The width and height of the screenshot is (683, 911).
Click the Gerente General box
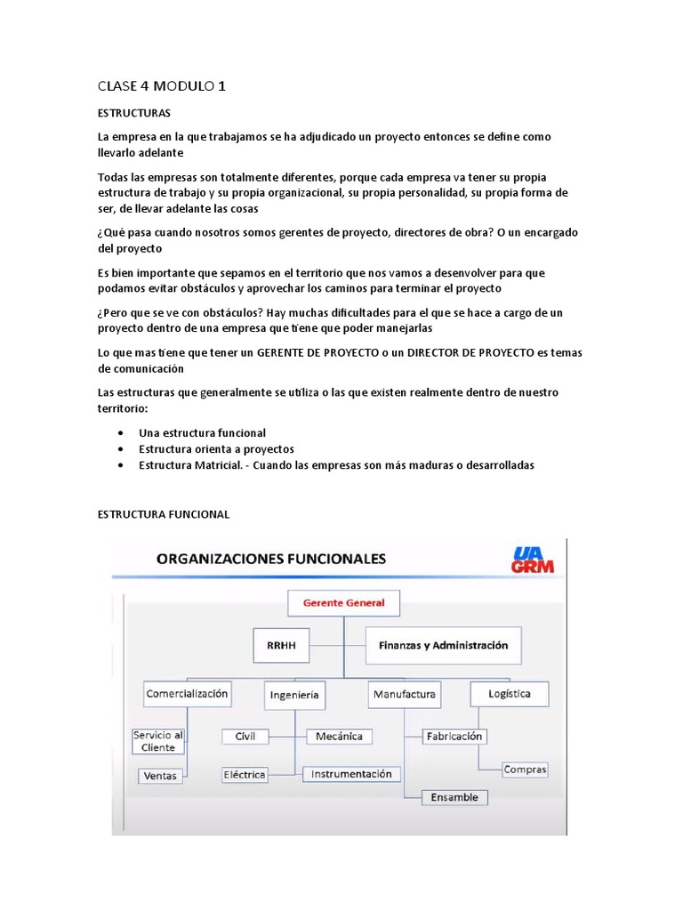[343, 603]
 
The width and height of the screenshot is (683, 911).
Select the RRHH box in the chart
[281, 646]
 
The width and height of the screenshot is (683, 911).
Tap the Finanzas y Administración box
[443, 646]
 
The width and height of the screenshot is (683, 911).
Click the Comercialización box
[187, 693]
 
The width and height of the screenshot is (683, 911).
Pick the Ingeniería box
[293, 695]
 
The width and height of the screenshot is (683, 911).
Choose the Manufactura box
[405, 694]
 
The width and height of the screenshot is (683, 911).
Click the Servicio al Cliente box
[158, 741]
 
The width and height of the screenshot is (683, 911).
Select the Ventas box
[161, 776]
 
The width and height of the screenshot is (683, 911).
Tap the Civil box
[245, 737]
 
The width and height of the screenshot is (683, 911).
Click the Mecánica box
[339, 737]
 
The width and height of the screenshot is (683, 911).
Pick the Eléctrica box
[245, 774]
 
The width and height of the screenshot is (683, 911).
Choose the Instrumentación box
[351, 774]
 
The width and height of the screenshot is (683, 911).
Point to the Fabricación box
[454, 737]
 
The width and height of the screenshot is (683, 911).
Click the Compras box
[525, 770]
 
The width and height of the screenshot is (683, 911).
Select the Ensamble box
[454, 797]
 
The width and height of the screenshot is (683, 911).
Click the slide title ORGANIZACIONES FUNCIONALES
[271, 560]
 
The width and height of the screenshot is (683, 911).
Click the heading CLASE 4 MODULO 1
[162, 86]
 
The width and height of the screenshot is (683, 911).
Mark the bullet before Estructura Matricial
[120, 465]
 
